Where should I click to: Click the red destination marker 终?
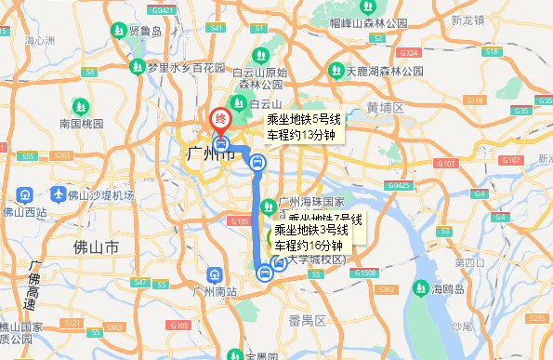[x=220, y=119]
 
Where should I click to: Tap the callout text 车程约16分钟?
[x=309, y=245]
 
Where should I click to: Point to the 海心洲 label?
[x=42, y=41]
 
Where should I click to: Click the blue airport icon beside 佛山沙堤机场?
[x=26, y=195]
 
